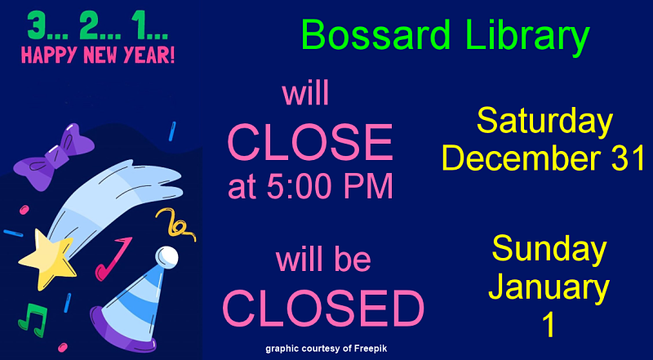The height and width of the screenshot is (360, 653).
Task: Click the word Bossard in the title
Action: click(375, 35)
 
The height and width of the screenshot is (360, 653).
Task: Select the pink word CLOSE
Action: click(310, 143)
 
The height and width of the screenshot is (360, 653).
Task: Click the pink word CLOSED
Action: click(323, 309)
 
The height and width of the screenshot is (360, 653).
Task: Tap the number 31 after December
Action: click(625, 158)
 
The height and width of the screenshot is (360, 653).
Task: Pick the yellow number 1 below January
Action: click(549, 325)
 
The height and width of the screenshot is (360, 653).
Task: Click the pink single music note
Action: click(113, 258)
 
